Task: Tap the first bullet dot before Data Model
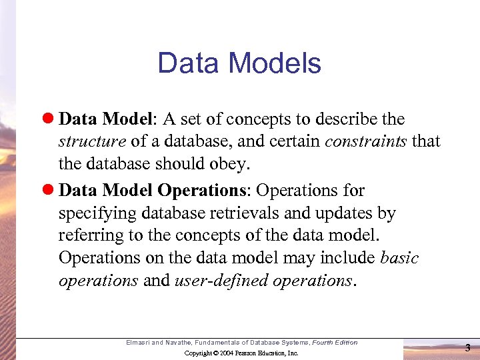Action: click(50, 119)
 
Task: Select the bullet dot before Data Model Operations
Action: click(50, 191)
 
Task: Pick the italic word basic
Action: click(399, 258)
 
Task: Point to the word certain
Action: click(296, 142)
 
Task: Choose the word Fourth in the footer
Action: click(323, 343)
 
